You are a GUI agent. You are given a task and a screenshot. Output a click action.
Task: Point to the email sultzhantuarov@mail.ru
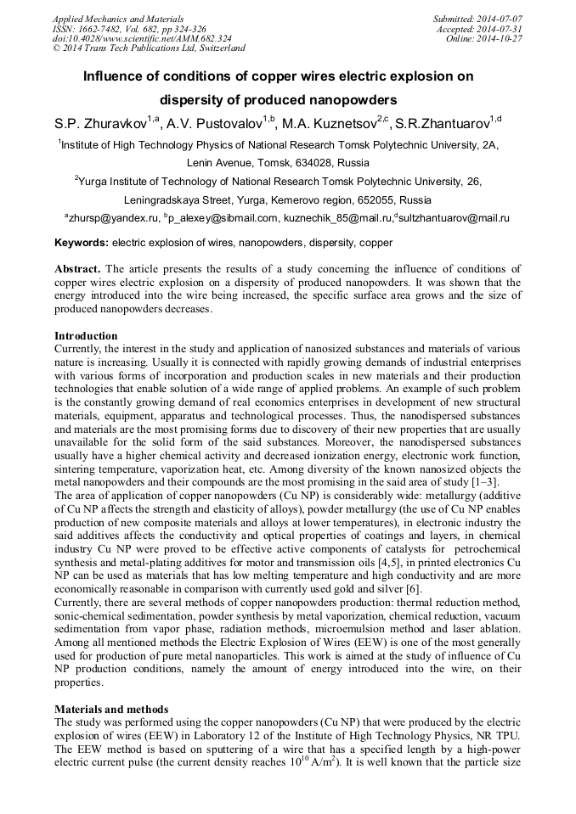click(x=454, y=219)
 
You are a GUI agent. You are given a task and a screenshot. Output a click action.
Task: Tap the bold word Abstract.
click(x=78, y=269)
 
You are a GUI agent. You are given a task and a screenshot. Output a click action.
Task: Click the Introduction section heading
click(x=86, y=336)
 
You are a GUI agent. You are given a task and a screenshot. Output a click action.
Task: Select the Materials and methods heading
click(x=111, y=708)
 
